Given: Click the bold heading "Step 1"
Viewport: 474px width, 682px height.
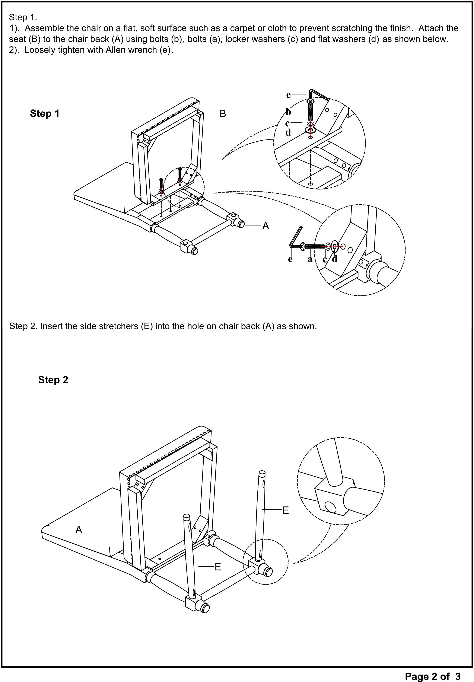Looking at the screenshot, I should tap(45, 113).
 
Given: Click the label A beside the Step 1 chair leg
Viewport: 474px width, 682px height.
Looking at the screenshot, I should tap(265, 226).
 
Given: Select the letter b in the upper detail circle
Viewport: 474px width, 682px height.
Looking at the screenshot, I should tap(288, 112).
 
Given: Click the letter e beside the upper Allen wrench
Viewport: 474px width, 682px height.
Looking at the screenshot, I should tap(288, 95).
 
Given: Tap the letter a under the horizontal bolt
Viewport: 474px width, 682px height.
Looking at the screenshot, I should tap(310, 259).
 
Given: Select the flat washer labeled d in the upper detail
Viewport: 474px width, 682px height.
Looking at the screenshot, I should tap(310, 130).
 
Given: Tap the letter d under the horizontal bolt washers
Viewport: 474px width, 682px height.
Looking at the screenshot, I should tap(335, 259).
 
